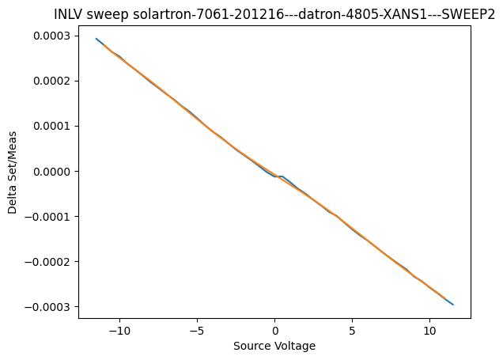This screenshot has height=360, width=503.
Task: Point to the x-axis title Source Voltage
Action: coord(274,346)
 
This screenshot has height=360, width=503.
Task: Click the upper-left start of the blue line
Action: coord(96,39)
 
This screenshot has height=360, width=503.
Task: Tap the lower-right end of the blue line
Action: coord(452,304)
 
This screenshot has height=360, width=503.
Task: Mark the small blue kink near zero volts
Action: coord(279,176)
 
